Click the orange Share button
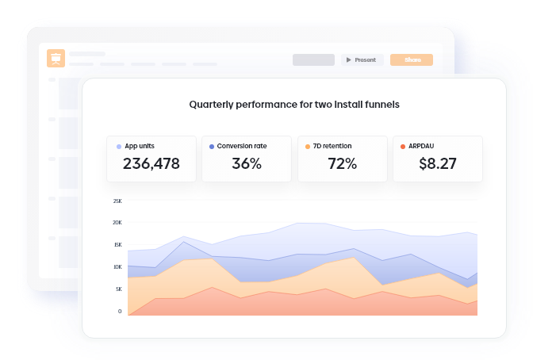coord(412,59)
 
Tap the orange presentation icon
coord(56,59)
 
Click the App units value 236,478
coord(151,163)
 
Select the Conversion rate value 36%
coord(247,163)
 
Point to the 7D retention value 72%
coord(343,163)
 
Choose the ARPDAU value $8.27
coord(438,163)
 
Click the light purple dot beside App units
coord(119,147)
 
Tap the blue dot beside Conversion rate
coord(212,147)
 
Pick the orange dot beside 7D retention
coord(307,147)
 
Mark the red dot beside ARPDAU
coord(403,147)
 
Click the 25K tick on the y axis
coord(117,201)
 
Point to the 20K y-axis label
coord(117,222)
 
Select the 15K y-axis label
coord(117,244)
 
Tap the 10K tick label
coord(117,267)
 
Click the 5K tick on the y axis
coord(119,289)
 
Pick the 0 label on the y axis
coord(120,311)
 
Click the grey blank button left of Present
coord(313,59)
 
